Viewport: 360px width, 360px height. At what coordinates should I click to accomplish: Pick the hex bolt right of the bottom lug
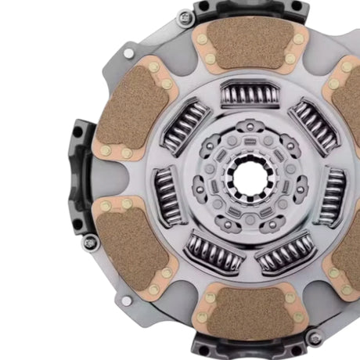(315, 338)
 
